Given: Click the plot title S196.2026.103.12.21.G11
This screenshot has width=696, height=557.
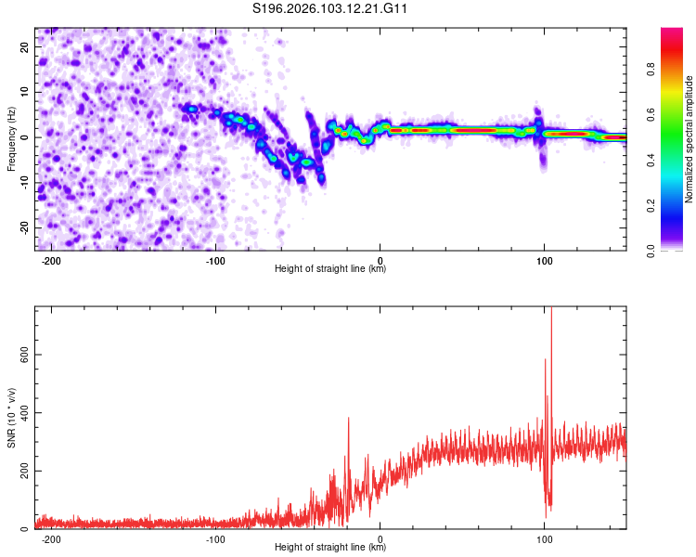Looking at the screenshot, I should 331,8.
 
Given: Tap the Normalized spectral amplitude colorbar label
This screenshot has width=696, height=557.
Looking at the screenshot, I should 690,139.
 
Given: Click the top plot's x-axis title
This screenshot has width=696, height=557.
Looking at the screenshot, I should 330,269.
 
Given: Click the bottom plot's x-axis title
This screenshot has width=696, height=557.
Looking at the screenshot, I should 330,548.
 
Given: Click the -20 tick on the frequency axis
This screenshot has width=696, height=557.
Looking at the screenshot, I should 24,228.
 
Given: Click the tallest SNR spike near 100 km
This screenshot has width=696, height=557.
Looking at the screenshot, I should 551,310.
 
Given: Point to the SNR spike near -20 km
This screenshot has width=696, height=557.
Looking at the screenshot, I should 349,420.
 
